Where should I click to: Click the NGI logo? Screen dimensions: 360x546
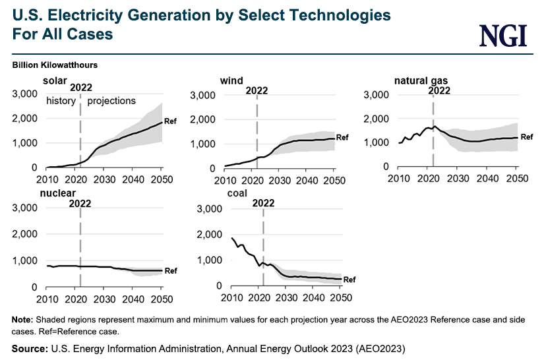pos(503,35)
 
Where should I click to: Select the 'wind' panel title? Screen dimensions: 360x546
pos(231,81)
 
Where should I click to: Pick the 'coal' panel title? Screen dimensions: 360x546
pos(236,193)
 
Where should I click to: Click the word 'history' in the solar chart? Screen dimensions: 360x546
pos(61,101)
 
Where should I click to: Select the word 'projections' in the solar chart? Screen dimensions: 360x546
pos(111,101)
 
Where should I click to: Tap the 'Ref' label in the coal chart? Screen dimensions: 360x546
pos(349,280)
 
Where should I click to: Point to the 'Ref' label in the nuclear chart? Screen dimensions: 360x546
pos(171,271)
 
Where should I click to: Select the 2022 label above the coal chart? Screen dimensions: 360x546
pos(263,203)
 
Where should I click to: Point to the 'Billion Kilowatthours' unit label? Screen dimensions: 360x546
pos(55,65)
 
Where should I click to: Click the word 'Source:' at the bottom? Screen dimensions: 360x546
pos(29,347)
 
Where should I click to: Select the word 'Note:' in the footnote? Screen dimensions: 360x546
pos(24,320)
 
